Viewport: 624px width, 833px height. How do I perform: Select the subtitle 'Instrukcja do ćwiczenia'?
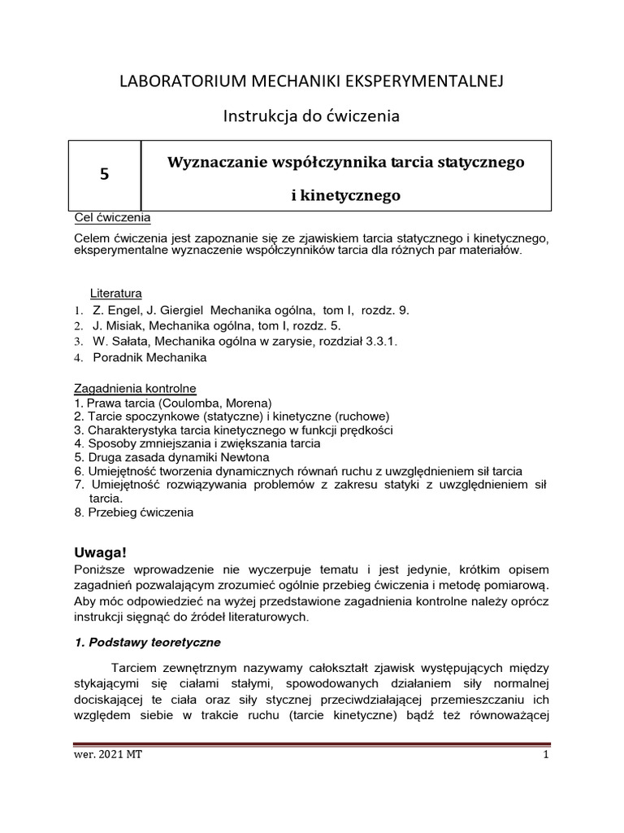(x=312, y=117)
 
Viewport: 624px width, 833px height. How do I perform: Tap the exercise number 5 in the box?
(x=103, y=174)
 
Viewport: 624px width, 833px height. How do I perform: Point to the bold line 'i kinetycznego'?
(x=346, y=196)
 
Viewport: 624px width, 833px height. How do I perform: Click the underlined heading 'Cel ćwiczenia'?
(x=112, y=218)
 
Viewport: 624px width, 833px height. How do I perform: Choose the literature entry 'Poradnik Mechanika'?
(x=149, y=357)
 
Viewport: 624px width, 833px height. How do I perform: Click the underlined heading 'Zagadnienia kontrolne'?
(x=135, y=389)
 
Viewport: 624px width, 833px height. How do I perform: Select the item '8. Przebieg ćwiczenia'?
(x=134, y=513)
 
